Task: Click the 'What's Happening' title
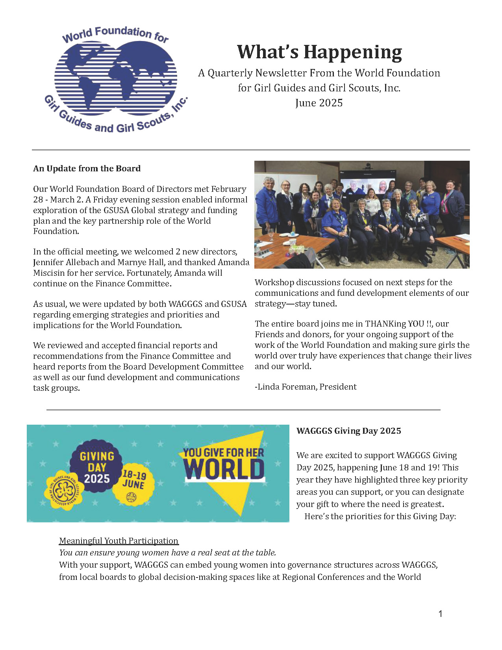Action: [x=319, y=52]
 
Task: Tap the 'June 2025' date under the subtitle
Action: [x=319, y=103]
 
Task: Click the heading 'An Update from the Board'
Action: [x=87, y=169]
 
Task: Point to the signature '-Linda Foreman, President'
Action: [x=306, y=387]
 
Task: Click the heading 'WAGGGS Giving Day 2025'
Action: [x=348, y=431]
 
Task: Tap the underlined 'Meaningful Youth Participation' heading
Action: [x=119, y=541]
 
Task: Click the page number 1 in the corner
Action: [x=440, y=614]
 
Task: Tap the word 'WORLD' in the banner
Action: [x=224, y=470]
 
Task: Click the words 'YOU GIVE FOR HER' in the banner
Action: [x=223, y=453]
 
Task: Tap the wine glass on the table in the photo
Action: [x=271, y=234]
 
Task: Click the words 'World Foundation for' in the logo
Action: [x=115, y=34]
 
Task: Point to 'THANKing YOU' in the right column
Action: [x=395, y=324]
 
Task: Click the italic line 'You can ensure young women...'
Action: [x=167, y=553]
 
